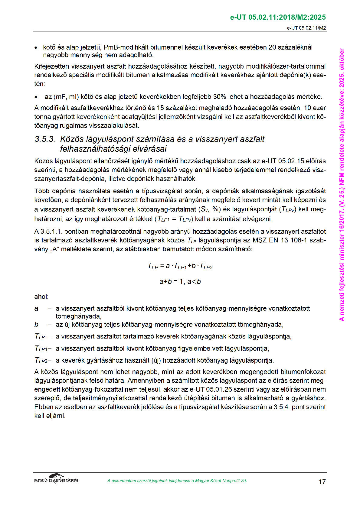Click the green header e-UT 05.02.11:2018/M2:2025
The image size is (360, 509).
[278, 18]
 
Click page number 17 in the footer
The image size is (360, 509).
[322, 482]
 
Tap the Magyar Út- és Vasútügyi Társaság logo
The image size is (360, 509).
[56, 479]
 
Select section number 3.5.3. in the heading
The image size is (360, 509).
[45, 139]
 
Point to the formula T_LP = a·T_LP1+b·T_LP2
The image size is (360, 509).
[180, 266]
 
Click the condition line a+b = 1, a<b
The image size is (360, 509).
[180, 282]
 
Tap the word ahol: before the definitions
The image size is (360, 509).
[41, 297]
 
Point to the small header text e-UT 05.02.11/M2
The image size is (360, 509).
[306, 28]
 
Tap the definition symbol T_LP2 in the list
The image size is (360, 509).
[41, 361]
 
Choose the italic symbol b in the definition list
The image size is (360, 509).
[36, 325]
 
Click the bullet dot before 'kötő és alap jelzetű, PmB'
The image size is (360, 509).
[36, 48]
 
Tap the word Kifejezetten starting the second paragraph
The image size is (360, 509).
[52, 66]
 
